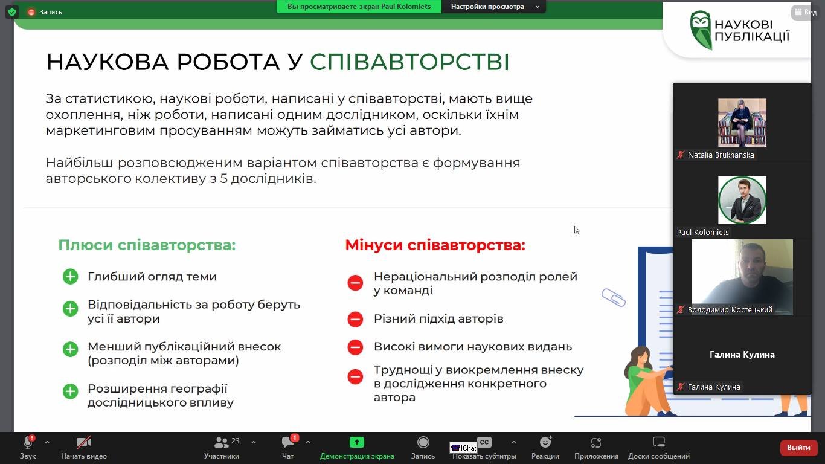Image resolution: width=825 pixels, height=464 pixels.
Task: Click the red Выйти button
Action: click(798, 448)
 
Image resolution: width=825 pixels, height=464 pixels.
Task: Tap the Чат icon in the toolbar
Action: click(287, 442)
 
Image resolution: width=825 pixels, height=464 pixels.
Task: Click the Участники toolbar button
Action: click(222, 447)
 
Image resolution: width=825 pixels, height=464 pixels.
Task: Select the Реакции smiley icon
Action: click(545, 442)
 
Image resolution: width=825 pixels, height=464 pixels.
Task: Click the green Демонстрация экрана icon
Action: click(356, 442)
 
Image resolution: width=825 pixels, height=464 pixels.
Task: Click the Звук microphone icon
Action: click(28, 442)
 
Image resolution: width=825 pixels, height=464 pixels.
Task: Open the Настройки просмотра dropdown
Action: click(493, 7)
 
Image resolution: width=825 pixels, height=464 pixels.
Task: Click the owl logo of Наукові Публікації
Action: click(701, 30)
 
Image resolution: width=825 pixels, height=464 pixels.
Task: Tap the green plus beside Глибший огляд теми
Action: click(70, 277)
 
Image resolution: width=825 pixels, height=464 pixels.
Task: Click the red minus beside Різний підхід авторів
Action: click(355, 319)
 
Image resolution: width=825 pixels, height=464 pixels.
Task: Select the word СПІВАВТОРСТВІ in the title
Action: click(409, 62)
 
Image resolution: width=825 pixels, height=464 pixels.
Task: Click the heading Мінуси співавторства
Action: click(435, 245)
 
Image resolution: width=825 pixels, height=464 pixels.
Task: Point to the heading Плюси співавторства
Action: click(147, 245)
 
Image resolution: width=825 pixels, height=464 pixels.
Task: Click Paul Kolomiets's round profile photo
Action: click(742, 200)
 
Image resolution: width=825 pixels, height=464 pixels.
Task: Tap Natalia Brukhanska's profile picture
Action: click(742, 123)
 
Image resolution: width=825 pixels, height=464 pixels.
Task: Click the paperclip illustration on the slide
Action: click(614, 297)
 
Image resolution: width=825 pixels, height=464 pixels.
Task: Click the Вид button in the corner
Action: click(806, 12)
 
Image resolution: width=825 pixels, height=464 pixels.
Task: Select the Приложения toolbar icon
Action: click(596, 442)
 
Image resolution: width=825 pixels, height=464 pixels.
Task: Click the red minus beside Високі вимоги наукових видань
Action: click(355, 347)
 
